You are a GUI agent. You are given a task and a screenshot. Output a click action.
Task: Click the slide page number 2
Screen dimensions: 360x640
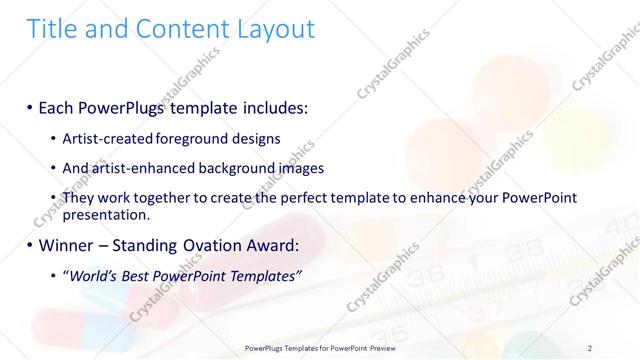[590, 347]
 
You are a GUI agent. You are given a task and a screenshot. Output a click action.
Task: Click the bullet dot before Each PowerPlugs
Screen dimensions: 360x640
[30, 105]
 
